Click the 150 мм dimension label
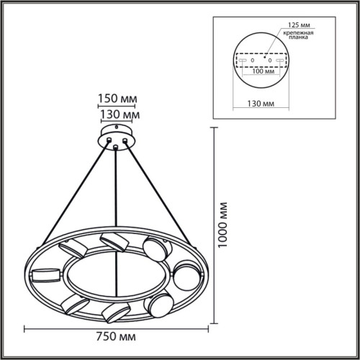(x=116, y=99)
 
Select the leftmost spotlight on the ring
(x=44, y=274)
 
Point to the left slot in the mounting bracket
(x=243, y=60)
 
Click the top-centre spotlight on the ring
(x=113, y=241)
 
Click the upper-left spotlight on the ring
(x=76, y=249)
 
